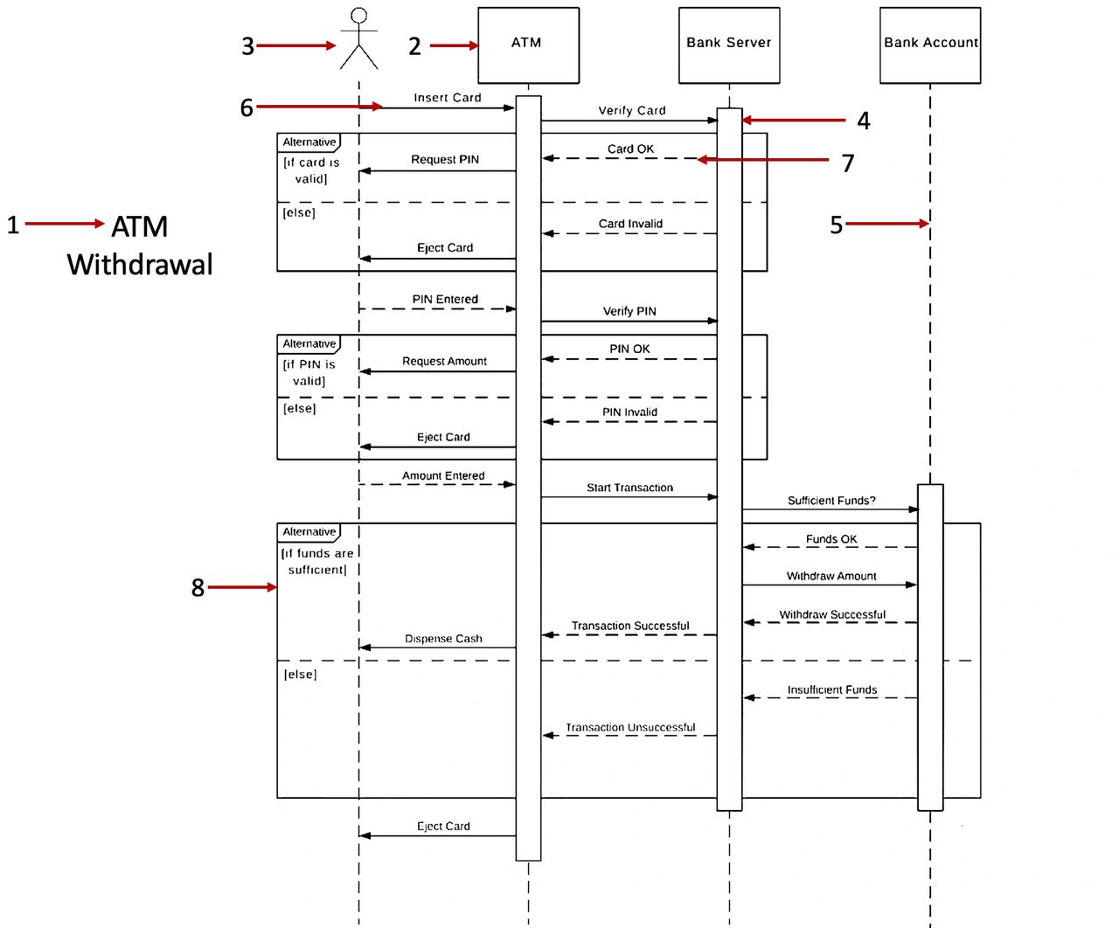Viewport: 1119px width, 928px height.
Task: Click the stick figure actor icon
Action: pyautogui.click(x=358, y=39)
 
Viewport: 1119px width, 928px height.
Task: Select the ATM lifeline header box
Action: pyautogui.click(x=528, y=45)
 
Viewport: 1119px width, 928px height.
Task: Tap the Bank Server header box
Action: pyautogui.click(x=729, y=45)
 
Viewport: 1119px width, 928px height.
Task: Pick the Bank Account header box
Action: pyautogui.click(x=930, y=45)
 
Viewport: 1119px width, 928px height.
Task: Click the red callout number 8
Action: pyautogui.click(x=198, y=588)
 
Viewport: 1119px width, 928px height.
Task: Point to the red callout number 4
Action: pyautogui.click(x=864, y=121)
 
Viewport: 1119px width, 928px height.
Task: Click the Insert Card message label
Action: pyautogui.click(x=448, y=98)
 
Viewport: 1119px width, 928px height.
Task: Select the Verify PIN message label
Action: pyautogui.click(x=629, y=311)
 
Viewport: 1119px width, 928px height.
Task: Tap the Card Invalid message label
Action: pyautogui.click(x=630, y=224)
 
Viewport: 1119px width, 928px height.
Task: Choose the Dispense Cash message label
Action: pyautogui.click(x=443, y=639)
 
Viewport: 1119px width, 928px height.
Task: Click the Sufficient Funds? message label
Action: pyautogui.click(x=831, y=501)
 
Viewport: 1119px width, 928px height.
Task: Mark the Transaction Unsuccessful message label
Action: pyautogui.click(x=630, y=727)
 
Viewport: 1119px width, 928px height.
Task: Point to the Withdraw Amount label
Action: pyautogui.click(x=831, y=576)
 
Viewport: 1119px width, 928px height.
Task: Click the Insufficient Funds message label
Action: pyautogui.click(x=832, y=689)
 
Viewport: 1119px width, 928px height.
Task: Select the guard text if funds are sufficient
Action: pyautogui.click(x=317, y=561)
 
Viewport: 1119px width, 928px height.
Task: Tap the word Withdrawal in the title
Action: pyautogui.click(x=140, y=264)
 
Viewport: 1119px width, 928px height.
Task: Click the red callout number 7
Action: pyautogui.click(x=848, y=163)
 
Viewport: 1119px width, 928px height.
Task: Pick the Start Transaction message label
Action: pyautogui.click(x=629, y=488)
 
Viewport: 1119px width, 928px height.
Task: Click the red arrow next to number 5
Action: pyautogui.click(x=886, y=224)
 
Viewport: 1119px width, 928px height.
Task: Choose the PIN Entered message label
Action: pyautogui.click(x=445, y=299)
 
